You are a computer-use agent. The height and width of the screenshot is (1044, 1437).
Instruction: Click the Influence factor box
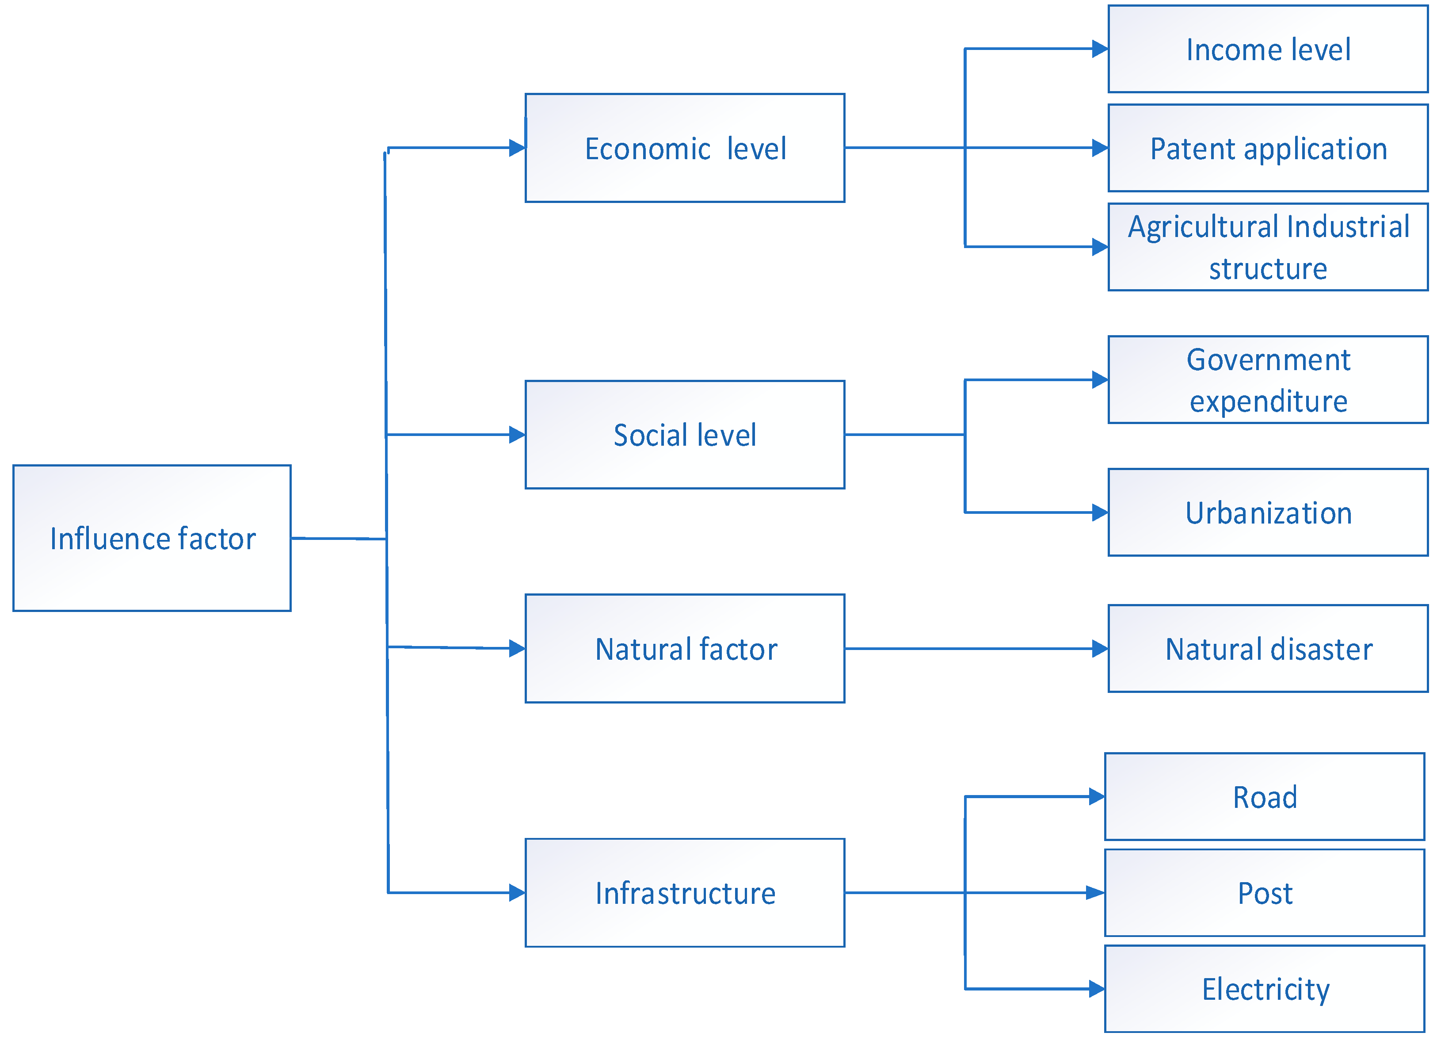pos(152,538)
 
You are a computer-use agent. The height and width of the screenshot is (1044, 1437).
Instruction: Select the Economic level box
pos(685,148)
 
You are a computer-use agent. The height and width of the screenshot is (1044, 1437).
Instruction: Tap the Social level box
pos(685,435)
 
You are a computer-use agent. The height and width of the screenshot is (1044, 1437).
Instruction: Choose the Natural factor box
pos(685,648)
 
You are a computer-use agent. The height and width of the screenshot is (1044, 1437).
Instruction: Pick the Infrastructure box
pos(685,893)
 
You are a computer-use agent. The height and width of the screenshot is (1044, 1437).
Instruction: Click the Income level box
pos(1268,49)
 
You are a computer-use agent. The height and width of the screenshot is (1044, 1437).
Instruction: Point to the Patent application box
pos(1268,148)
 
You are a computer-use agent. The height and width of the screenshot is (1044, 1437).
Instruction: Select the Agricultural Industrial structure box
pos(1268,247)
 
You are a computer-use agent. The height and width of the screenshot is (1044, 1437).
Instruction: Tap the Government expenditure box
pos(1268,380)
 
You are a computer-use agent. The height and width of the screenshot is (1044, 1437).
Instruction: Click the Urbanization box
pos(1268,513)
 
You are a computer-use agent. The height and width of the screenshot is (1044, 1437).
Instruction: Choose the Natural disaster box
pos(1268,648)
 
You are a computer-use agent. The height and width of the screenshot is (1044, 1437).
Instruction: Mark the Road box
pos(1265,797)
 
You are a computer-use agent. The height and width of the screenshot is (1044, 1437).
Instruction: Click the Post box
pos(1265,893)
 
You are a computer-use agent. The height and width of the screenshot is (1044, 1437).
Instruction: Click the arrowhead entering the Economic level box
pos(517,148)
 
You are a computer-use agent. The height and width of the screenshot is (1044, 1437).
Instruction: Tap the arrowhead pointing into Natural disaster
pos(1100,648)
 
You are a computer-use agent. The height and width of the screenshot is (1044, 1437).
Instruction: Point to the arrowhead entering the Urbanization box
pos(1100,513)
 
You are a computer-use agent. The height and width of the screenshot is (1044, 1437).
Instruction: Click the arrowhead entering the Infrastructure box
pos(517,893)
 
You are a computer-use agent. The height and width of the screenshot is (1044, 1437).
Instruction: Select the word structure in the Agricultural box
pos(1268,269)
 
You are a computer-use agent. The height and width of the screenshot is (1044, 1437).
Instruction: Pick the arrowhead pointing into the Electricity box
pos(1097,988)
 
